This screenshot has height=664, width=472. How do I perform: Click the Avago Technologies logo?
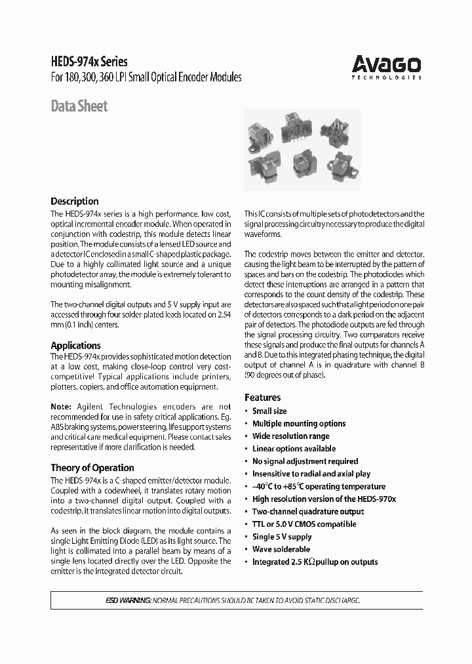[x=386, y=66]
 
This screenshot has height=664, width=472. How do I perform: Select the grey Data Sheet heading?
[x=79, y=106]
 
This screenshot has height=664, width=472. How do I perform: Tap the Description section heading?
[x=75, y=201]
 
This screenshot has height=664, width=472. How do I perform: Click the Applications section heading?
[x=75, y=345]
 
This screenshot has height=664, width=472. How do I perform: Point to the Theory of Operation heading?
[x=92, y=468]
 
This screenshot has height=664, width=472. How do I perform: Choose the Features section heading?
[x=262, y=398]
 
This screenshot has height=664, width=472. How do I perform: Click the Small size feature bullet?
[x=269, y=411]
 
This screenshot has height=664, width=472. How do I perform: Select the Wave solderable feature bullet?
[x=281, y=549]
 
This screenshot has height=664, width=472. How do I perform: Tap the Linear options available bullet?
[x=294, y=449]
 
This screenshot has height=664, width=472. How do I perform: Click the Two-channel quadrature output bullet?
[x=308, y=511]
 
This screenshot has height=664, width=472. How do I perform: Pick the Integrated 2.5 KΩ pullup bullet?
[x=315, y=562]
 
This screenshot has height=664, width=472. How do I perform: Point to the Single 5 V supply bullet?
[x=282, y=537]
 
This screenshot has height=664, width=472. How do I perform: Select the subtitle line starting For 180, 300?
[x=146, y=77]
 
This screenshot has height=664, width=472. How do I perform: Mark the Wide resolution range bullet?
[x=290, y=436]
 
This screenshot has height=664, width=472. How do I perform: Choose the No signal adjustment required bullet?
[x=305, y=461]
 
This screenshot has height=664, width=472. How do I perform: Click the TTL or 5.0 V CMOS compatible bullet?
[x=304, y=524]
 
